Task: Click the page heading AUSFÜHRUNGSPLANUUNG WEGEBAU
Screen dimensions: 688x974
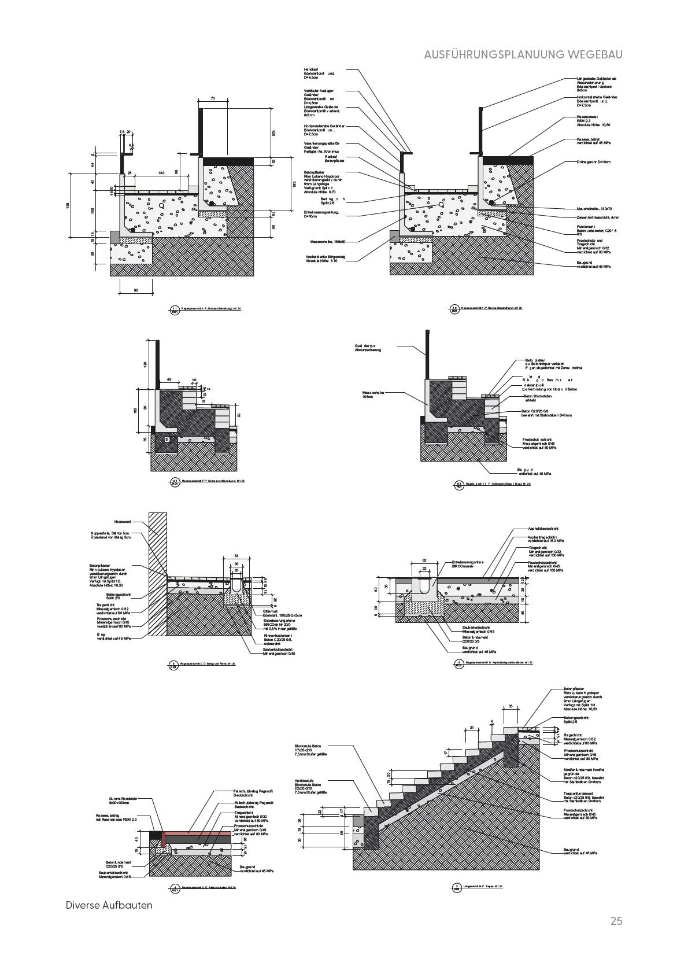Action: pyautogui.click(x=523, y=54)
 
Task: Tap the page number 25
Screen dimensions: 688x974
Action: pyautogui.click(x=616, y=921)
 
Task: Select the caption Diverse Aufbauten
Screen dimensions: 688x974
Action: pyautogui.click(x=109, y=905)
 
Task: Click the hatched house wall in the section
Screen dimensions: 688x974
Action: pyautogui.click(x=158, y=573)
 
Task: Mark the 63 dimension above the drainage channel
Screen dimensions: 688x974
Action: pyautogui.click(x=236, y=556)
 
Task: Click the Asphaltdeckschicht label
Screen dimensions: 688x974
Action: pyautogui.click(x=543, y=529)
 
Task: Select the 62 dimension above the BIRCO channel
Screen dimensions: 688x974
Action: pyautogui.click(x=424, y=560)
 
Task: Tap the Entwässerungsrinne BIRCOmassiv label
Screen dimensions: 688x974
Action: pyautogui.click(x=468, y=564)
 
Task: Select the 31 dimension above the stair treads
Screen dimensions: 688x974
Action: pyautogui.click(x=472, y=728)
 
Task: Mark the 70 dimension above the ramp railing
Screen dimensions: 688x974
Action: pyautogui.click(x=213, y=99)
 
